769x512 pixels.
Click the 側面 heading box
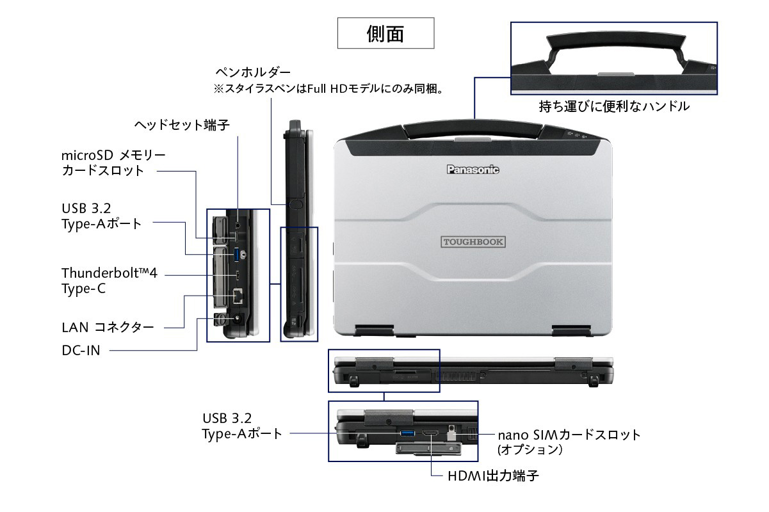[x=385, y=33]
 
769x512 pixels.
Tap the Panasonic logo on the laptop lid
[x=473, y=170]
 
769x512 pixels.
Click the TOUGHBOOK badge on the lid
[x=473, y=242]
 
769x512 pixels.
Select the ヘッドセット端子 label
[x=182, y=124]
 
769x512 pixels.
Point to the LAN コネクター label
[x=108, y=328]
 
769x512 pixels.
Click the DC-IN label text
[x=81, y=350]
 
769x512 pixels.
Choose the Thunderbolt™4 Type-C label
[x=109, y=281]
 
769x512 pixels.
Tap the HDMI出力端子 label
[x=493, y=476]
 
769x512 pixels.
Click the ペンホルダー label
[x=253, y=72]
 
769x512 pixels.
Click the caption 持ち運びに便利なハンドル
[x=614, y=106]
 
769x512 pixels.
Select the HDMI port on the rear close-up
[x=431, y=435]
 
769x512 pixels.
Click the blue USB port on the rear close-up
[x=407, y=435]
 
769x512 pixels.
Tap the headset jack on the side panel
[x=238, y=225]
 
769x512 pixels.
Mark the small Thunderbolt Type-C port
[x=238, y=276]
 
